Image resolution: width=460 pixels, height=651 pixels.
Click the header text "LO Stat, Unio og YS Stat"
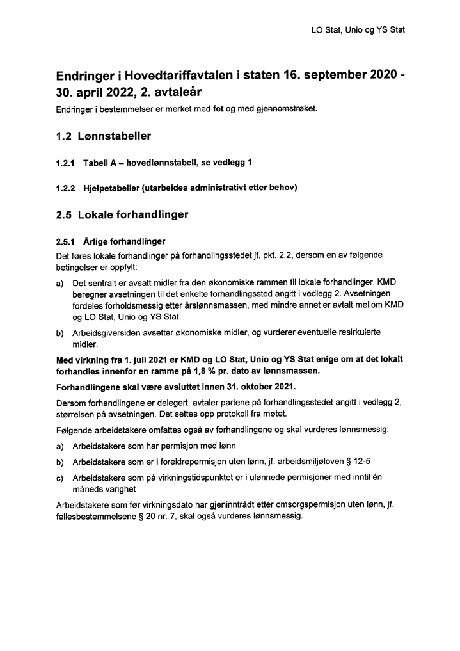pyautogui.click(x=358, y=29)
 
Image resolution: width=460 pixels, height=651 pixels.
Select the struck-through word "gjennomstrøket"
pyautogui.click(x=287, y=109)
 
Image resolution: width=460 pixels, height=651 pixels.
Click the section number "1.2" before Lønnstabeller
pyautogui.click(x=64, y=136)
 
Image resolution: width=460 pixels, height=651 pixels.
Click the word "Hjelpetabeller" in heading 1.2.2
pyautogui.click(x=113, y=188)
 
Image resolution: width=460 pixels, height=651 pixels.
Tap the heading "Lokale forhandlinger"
pyautogui.click(x=133, y=214)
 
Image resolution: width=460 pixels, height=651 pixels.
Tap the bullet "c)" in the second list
pyautogui.click(x=60, y=477)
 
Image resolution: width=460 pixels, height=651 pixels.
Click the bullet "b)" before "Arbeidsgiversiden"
pyautogui.click(x=60, y=333)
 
